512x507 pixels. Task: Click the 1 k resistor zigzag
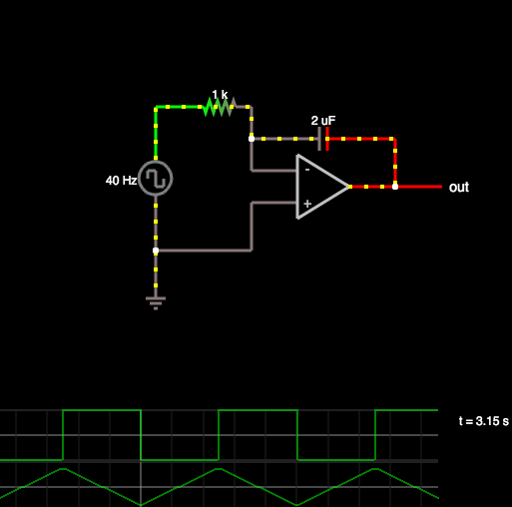tap(220, 107)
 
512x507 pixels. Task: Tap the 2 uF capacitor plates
tap(323, 139)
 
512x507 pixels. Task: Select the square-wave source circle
tap(156, 179)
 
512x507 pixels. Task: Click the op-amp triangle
tap(322, 187)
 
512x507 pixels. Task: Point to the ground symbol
tap(156, 302)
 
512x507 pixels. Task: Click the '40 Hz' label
tap(121, 181)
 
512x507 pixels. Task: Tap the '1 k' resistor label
tap(220, 95)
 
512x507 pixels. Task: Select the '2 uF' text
tap(323, 121)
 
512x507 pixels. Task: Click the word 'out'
tap(459, 188)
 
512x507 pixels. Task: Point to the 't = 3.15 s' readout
tap(484, 421)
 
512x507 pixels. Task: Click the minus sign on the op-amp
tap(307, 170)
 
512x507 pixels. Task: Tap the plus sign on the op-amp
tap(307, 204)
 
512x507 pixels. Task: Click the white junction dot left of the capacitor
tap(252, 139)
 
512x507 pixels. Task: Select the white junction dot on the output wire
tap(395, 187)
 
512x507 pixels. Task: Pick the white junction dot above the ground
tap(156, 251)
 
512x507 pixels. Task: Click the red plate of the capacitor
tap(327, 139)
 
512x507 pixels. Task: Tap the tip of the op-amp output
tap(349, 187)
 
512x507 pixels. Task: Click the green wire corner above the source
tap(156, 107)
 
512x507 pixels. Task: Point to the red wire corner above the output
tap(395, 139)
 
